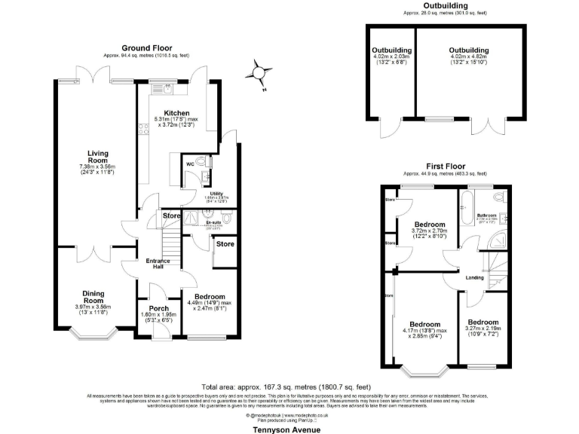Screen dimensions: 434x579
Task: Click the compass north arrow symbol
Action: click(259, 72)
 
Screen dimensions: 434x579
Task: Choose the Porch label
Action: click(159, 308)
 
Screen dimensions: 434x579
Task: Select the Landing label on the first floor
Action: click(475, 277)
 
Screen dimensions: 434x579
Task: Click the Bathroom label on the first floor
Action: click(487, 215)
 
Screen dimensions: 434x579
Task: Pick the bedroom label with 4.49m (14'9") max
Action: click(204, 297)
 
